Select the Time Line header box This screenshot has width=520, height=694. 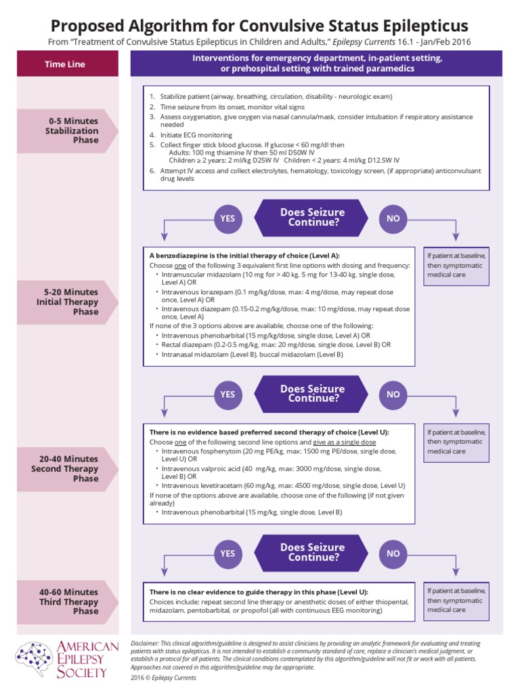[66, 64]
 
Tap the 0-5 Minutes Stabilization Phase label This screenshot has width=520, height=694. [71, 130]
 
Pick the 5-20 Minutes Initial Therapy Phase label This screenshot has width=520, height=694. [67, 302]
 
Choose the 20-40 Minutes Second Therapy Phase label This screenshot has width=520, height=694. [64, 469]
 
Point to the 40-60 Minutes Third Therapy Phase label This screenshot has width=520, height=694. [68, 601]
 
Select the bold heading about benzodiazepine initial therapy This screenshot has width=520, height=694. [244, 256]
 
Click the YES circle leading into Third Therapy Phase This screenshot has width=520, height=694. [227, 553]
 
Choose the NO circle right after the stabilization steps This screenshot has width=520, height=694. [393, 218]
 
